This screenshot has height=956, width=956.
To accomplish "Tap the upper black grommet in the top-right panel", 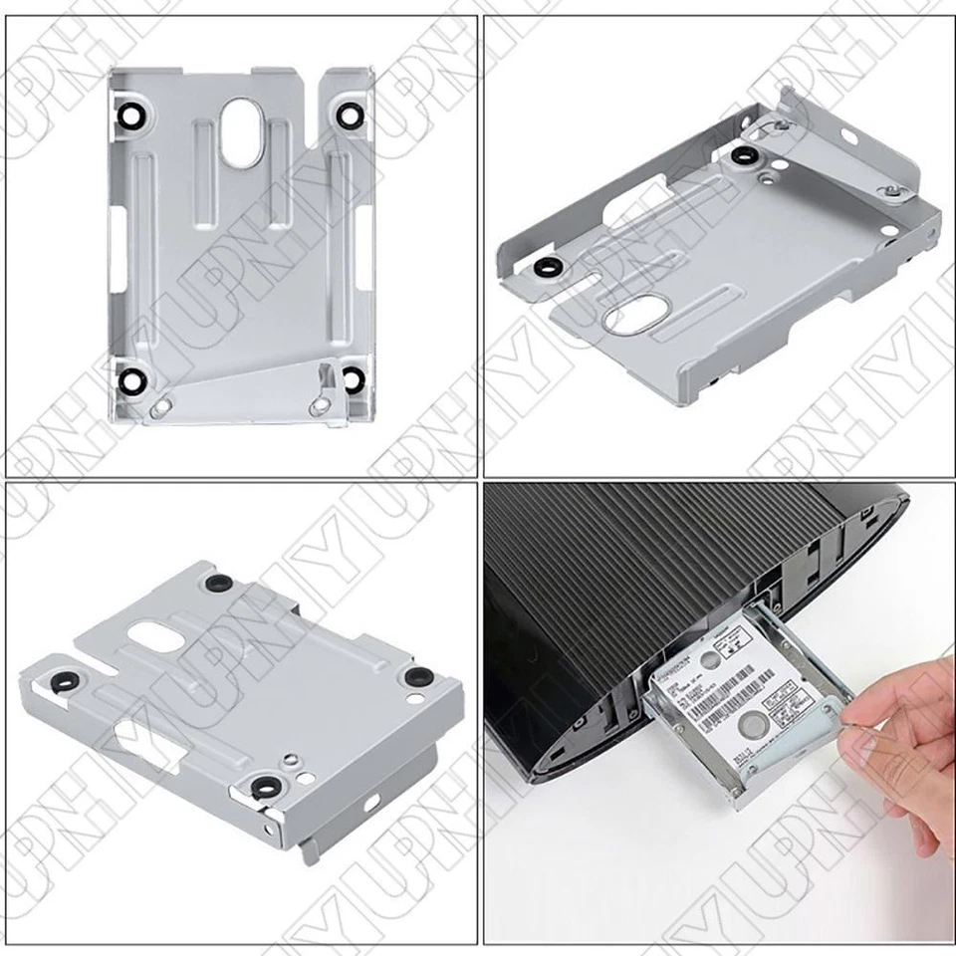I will coord(741,155).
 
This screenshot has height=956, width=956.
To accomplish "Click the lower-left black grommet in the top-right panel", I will coord(545,267).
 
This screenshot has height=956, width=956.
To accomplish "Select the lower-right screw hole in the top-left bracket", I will coord(318,405).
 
